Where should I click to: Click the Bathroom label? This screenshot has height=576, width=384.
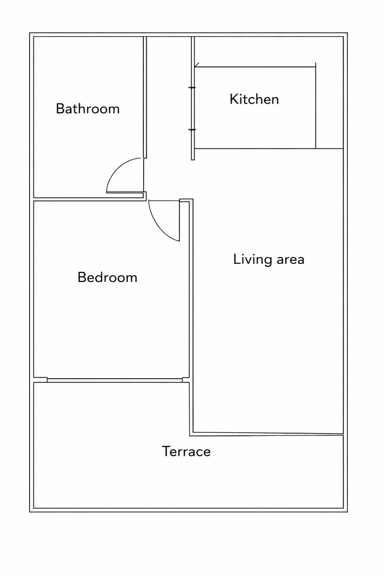(x=88, y=109)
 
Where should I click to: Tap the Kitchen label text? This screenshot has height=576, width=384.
(x=254, y=99)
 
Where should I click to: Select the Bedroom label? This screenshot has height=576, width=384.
(x=108, y=278)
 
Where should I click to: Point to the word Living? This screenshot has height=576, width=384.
(x=252, y=259)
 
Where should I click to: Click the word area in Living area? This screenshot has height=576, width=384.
(x=291, y=260)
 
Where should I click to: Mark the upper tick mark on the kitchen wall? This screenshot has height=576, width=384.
(x=192, y=88)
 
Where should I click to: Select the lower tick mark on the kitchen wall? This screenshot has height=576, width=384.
(x=192, y=130)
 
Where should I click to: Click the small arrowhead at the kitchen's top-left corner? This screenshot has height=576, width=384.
(x=197, y=65)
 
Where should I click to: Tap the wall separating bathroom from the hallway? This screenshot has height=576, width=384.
(x=145, y=97)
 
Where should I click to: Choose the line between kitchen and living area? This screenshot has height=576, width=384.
(x=269, y=149)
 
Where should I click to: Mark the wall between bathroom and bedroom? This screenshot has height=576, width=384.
(x=88, y=199)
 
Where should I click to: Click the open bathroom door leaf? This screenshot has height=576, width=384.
(x=125, y=192)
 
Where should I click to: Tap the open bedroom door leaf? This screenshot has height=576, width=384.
(x=179, y=221)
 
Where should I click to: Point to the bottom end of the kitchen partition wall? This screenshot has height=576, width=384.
(x=193, y=160)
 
